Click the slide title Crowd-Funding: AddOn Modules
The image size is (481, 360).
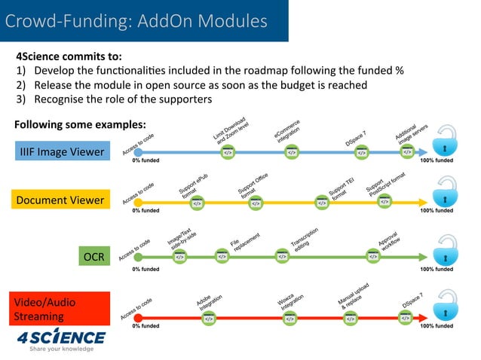(136, 21)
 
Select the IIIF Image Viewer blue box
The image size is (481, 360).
(62, 152)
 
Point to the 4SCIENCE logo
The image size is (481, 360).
(61, 337)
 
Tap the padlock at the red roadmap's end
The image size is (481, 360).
(447, 310)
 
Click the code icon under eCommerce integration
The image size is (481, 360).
(291, 152)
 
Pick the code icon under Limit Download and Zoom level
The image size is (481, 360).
(227, 152)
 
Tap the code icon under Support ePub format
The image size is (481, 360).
(198, 203)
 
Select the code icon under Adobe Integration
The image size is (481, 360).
(209, 319)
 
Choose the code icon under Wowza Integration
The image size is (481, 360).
(290, 319)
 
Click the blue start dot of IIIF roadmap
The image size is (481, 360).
(136, 152)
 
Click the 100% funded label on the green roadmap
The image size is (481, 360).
(437, 269)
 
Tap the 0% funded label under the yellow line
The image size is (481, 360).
(146, 211)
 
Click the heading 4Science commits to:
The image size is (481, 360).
(69, 56)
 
